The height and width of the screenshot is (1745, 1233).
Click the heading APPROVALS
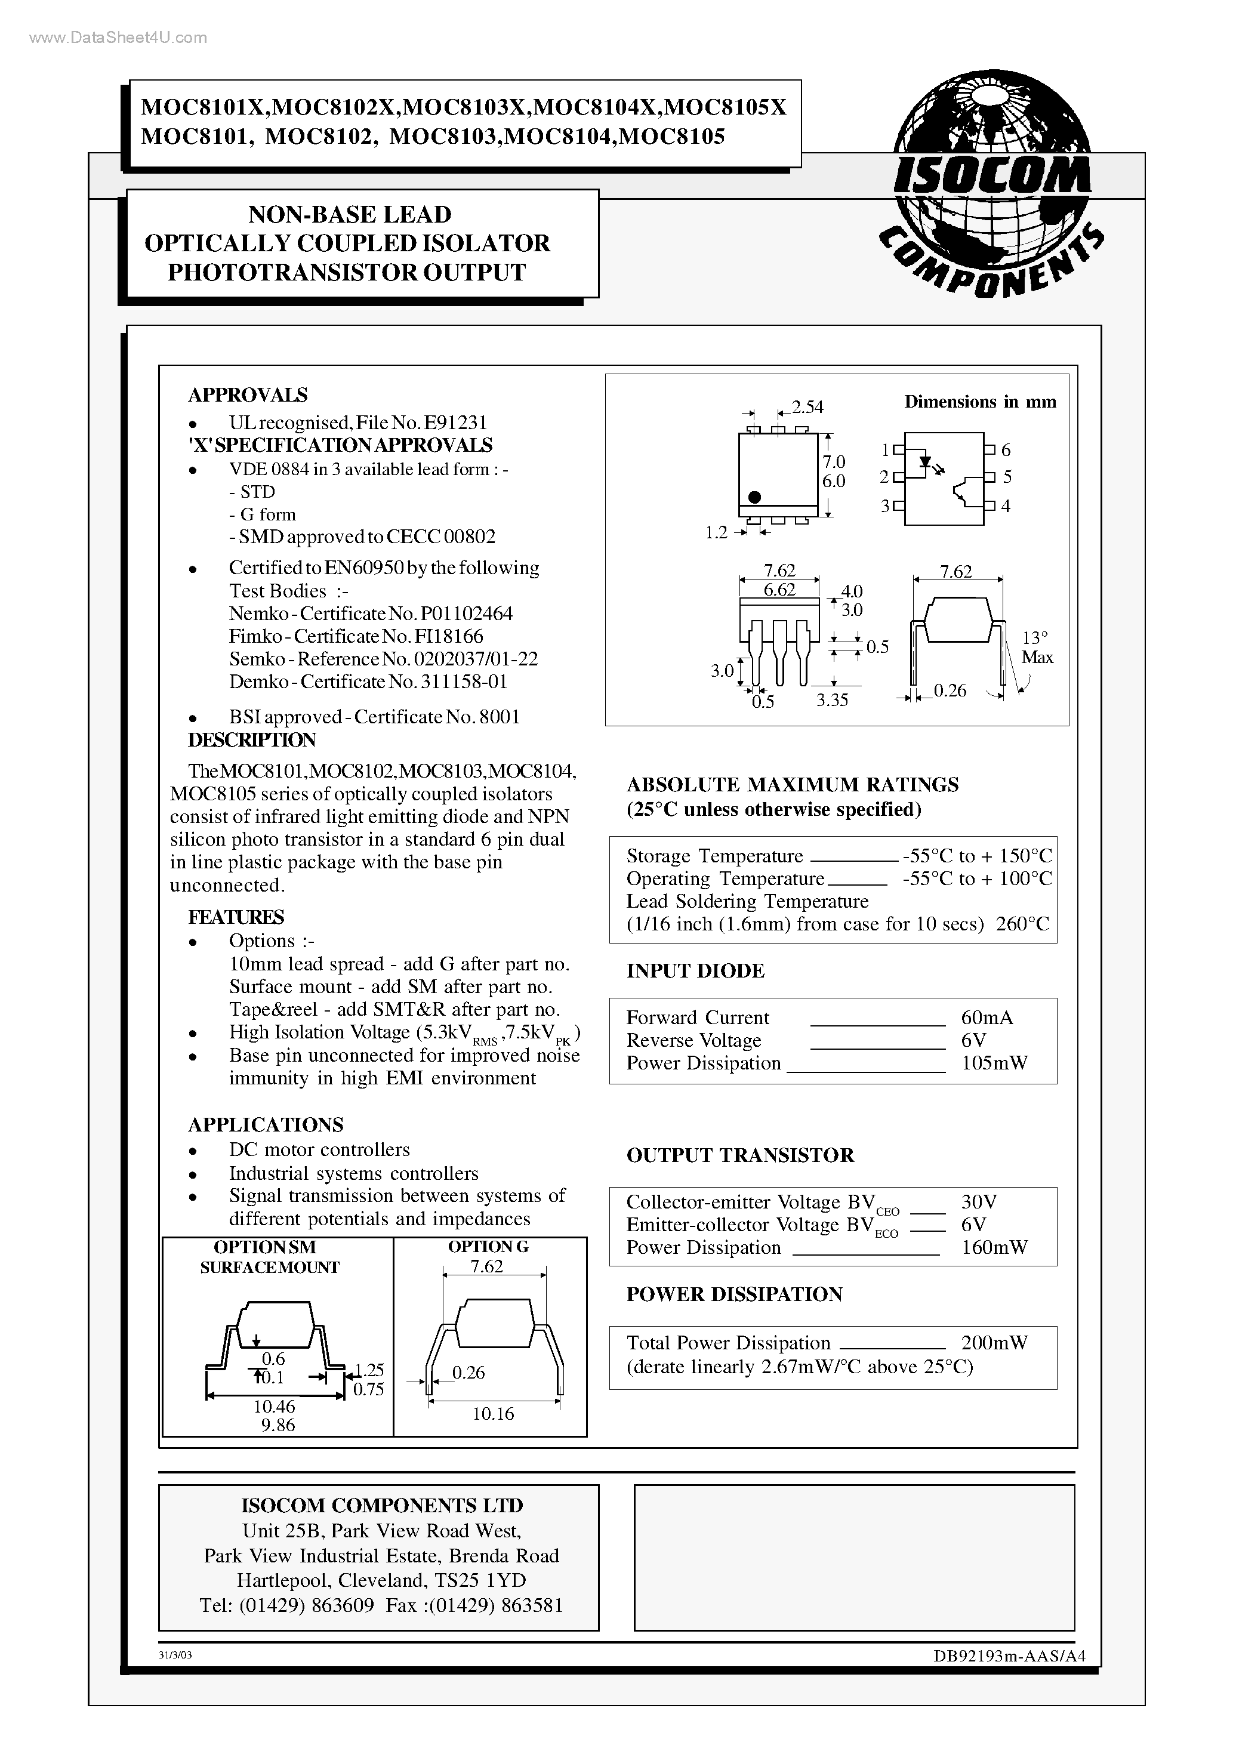point(248,394)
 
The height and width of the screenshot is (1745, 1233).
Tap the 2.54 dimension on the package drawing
point(807,408)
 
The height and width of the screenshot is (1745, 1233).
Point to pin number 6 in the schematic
point(1006,450)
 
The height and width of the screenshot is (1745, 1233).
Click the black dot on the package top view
point(754,497)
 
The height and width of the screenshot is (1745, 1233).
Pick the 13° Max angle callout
point(1036,648)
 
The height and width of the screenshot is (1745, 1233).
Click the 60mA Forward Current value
point(987,1018)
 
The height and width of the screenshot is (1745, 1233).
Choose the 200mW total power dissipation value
point(994,1343)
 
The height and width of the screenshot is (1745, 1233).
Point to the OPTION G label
point(488,1247)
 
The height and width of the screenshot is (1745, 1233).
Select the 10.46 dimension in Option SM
point(274,1407)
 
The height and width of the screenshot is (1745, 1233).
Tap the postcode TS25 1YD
point(480,1580)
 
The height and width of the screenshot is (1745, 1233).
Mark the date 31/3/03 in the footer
point(175,1654)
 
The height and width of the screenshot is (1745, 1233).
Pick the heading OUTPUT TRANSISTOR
point(739,1155)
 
